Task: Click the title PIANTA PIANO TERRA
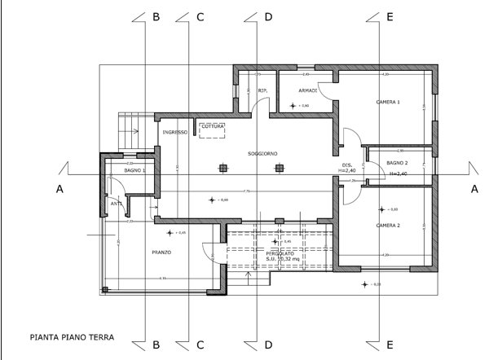(71, 335)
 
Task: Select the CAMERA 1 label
(388, 103)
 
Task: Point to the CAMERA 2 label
(387, 226)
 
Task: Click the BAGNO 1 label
(134, 170)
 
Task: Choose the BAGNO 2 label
(398, 164)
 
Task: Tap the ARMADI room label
(307, 90)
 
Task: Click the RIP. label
(263, 90)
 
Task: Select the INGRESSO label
(175, 132)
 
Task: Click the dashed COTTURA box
(213, 130)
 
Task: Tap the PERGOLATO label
(280, 254)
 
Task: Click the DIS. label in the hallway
(346, 165)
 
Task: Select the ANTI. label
(116, 204)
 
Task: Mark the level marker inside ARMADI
(295, 106)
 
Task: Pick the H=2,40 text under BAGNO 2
(397, 174)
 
